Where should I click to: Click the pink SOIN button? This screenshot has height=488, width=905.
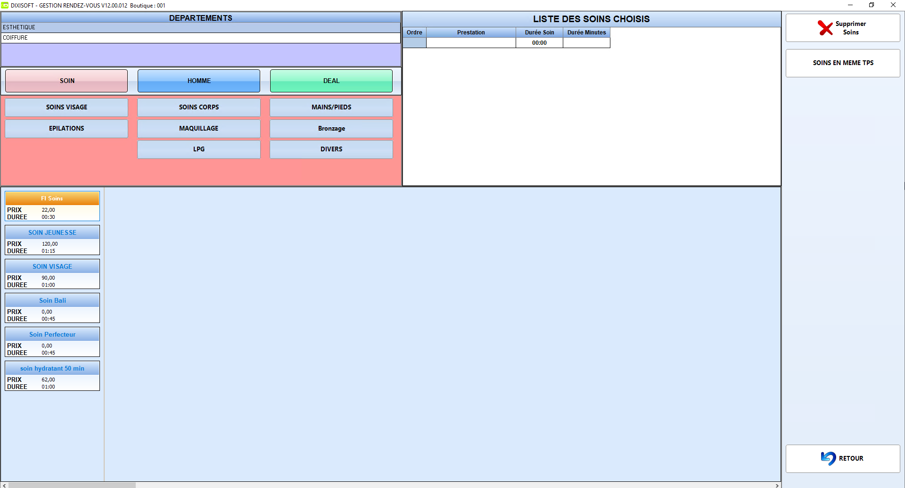click(x=66, y=81)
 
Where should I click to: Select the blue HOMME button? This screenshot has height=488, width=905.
click(x=199, y=81)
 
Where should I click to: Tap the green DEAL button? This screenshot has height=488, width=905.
click(x=331, y=81)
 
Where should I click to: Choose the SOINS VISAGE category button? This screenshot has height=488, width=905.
click(x=66, y=107)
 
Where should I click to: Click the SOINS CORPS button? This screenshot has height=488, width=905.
click(x=199, y=107)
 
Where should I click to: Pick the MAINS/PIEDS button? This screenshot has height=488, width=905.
click(x=331, y=107)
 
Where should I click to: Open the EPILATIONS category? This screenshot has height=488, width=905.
click(x=66, y=128)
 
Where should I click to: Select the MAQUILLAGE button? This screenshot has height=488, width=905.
click(x=199, y=128)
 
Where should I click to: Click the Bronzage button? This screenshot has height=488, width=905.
click(x=331, y=128)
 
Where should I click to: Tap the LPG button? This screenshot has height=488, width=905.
click(x=199, y=149)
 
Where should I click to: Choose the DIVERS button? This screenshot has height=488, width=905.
click(x=331, y=149)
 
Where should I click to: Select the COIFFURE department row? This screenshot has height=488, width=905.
click(x=201, y=38)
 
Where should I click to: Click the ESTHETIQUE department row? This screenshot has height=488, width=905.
click(x=201, y=27)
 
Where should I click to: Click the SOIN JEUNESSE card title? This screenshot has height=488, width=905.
click(x=52, y=232)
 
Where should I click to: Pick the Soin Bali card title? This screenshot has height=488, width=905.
click(x=52, y=300)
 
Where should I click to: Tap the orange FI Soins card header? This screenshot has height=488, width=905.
click(x=52, y=199)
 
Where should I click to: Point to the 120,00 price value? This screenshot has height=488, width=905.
click(x=50, y=244)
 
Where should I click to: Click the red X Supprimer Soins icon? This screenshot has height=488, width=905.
click(x=825, y=28)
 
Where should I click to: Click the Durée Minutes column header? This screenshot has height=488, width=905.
click(x=586, y=33)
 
